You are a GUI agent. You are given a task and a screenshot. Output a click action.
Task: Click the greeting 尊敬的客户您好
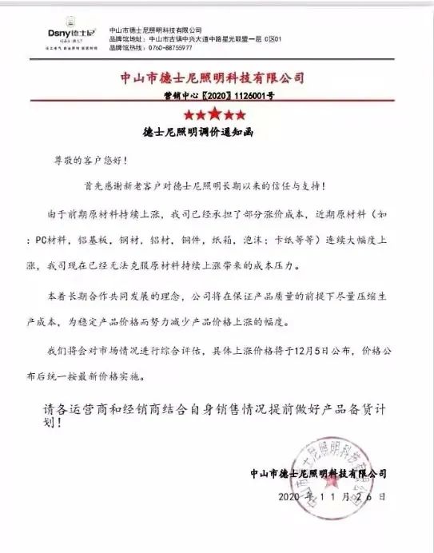tap(83, 161)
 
